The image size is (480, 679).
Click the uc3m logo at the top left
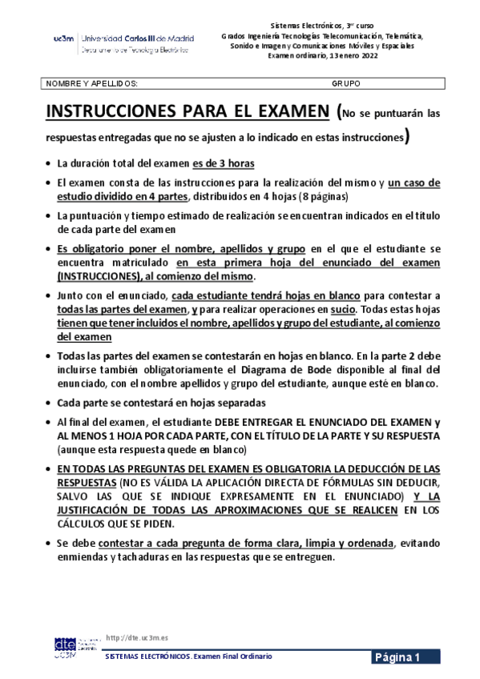pos(63,38)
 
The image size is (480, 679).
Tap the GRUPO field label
pos(345,83)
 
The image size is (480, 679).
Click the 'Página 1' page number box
pos(405,657)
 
